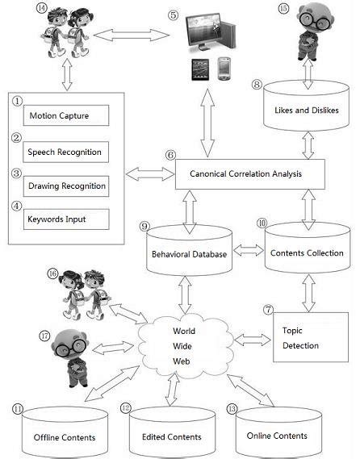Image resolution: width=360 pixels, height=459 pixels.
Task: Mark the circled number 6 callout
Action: pyautogui.click(x=169, y=155)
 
